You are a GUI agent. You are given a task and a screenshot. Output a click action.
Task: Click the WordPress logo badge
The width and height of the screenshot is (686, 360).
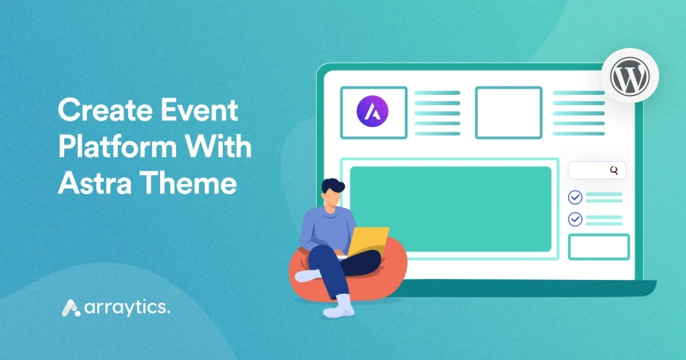[x=629, y=75]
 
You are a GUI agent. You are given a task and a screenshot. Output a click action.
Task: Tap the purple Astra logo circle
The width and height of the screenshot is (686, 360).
[x=372, y=111]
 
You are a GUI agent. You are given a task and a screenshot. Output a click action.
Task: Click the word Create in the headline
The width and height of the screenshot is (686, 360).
[x=105, y=110]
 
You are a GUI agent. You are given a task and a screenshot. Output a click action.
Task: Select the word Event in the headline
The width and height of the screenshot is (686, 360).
[x=200, y=110]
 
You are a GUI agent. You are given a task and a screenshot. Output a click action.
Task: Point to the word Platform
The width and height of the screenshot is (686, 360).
[x=117, y=147]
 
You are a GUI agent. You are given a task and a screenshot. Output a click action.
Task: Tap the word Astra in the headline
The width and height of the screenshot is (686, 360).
[x=95, y=183]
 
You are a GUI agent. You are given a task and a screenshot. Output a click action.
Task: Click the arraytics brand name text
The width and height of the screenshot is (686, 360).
[x=127, y=308]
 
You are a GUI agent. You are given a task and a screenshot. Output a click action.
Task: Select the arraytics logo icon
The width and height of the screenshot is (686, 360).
[x=71, y=308]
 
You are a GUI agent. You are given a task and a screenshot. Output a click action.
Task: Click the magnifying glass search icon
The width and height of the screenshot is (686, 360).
[x=614, y=170]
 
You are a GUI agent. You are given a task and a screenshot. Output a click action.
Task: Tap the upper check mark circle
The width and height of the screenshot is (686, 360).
[x=575, y=198]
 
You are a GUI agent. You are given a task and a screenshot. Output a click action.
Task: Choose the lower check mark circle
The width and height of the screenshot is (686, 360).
[x=575, y=219]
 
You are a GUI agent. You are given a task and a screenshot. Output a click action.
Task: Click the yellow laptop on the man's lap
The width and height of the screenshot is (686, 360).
[x=368, y=242]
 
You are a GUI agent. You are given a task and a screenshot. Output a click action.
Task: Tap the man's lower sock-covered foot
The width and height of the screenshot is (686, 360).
[x=340, y=307]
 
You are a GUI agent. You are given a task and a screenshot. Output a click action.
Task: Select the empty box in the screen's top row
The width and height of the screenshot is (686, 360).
[x=509, y=113]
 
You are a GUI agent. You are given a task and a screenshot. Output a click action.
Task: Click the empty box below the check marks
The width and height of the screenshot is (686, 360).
[x=599, y=247]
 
